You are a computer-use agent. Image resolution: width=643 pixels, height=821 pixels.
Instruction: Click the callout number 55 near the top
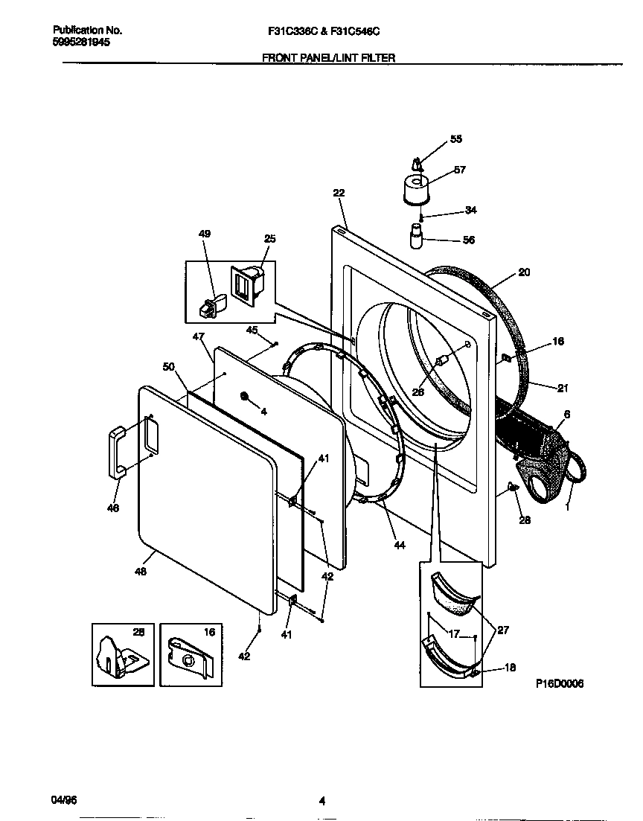(x=456, y=139)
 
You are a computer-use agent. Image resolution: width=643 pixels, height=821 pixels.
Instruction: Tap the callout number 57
(x=459, y=170)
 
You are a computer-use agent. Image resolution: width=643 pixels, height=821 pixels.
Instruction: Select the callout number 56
(x=469, y=240)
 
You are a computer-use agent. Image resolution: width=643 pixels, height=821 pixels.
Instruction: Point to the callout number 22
(x=339, y=193)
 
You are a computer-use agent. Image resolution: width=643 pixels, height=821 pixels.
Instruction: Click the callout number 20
(x=524, y=272)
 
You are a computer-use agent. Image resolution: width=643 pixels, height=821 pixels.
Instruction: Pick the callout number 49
(x=204, y=234)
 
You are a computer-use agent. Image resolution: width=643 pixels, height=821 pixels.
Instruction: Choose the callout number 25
(x=269, y=238)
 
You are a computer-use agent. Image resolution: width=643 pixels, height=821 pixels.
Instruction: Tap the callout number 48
(x=140, y=572)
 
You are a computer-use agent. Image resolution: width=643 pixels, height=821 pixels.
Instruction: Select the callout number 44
(x=399, y=546)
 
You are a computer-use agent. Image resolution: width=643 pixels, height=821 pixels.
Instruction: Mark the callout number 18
(x=510, y=668)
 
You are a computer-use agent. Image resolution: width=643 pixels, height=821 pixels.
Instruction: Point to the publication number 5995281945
(x=82, y=42)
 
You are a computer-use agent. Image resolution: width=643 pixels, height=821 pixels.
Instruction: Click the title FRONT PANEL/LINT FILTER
(x=327, y=57)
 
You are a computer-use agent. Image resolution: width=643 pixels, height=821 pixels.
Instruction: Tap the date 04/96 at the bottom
(x=63, y=800)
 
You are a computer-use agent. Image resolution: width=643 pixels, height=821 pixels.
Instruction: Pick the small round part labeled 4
(x=245, y=397)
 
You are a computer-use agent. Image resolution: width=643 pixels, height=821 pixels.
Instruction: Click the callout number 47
(x=198, y=337)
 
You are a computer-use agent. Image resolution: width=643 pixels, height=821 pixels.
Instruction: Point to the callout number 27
(x=503, y=630)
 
